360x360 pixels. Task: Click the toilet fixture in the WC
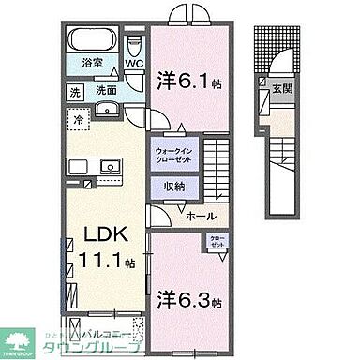pos(135,43)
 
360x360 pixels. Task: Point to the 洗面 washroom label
pos(106,92)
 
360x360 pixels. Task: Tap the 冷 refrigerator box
pos(81,119)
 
